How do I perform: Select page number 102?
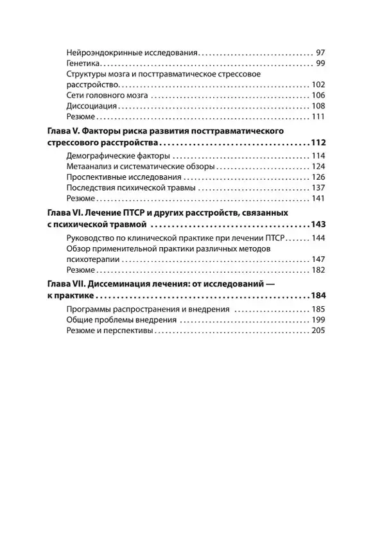point(318,85)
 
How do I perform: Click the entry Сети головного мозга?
point(107,96)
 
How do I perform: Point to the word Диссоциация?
point(92,106)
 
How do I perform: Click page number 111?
point(318,117)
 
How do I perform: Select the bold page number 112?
point(317,143)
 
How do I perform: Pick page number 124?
point(318,167)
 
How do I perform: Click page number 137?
point(318,188)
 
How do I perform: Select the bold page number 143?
point(317,225)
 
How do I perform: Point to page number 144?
point(318,238)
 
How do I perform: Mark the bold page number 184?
point(317,297)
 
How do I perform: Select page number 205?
point(318,331)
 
